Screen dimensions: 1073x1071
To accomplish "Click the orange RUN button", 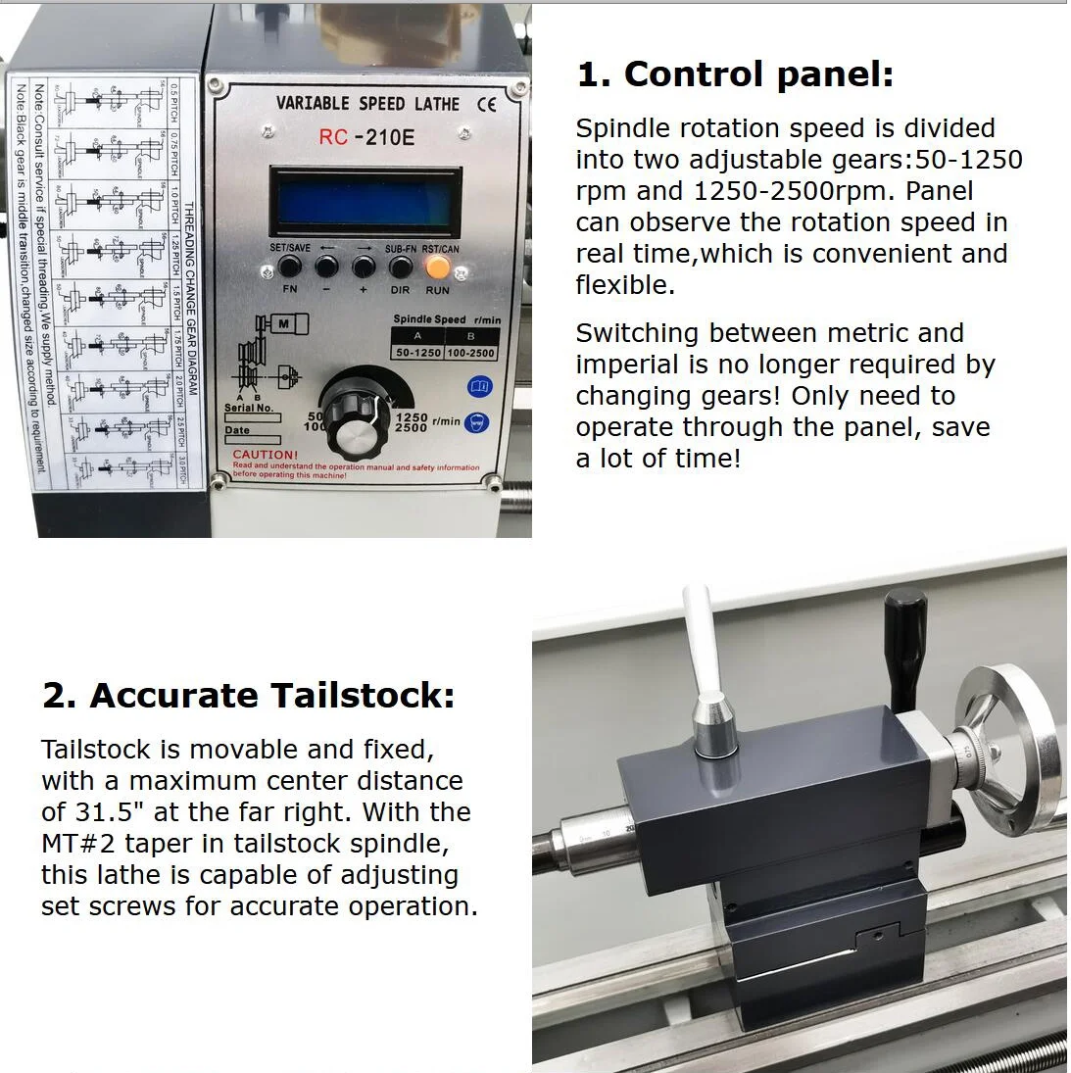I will coord(438,267).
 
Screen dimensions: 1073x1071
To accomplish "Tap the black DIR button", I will coord(400,267).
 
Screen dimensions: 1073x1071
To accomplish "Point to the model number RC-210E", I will coord(365,137).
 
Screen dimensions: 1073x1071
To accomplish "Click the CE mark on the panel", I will coord(486,104).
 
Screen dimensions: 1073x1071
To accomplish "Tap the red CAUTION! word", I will coord(265,455).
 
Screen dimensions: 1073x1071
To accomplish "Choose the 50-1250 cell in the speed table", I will coord(417,353).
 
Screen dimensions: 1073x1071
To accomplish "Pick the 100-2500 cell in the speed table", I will coord(470,353).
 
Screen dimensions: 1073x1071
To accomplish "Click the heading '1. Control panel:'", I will coord(735,74).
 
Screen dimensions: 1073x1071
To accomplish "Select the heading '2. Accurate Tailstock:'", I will coord(248,695).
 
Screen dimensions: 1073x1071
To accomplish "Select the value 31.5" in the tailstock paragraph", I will coord(132,812).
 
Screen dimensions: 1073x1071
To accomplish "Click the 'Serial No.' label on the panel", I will coord(249,408).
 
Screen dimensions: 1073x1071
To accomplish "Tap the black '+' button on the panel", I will coord(364,267).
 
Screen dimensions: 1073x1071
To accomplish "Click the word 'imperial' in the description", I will coord(627,365).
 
